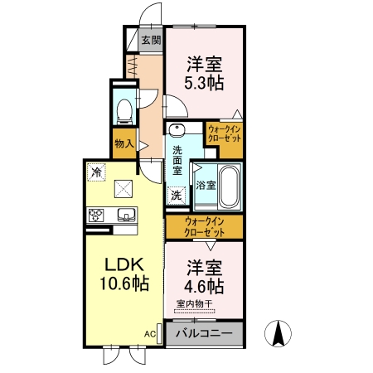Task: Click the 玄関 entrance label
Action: [x=151, y=41]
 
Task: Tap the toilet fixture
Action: [x=124, y=112]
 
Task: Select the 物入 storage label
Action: [x=124, y=143]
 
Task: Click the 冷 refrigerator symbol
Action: [x=96, y=172]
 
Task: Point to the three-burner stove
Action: [x=96, y=216]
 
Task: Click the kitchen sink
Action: [x=127, y=215]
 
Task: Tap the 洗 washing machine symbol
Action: [x=177, y=196]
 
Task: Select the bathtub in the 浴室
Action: [x=229, y=186]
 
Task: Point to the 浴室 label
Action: [x=206, y=185]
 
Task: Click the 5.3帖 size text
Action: [x=204, y=83]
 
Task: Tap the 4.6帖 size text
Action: [x=204, y=286]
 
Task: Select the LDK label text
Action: [x=124, y=264]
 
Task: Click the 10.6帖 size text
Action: [x=124, y=283]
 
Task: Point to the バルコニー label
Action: [x=204, y=333]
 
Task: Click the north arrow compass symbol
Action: [x=278, y=333]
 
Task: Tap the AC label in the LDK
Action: [x=150, y=334]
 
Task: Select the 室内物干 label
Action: [x=195, y=304]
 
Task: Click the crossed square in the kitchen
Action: [x=124, y=189]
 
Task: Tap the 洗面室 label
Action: [x=177, y=161]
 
